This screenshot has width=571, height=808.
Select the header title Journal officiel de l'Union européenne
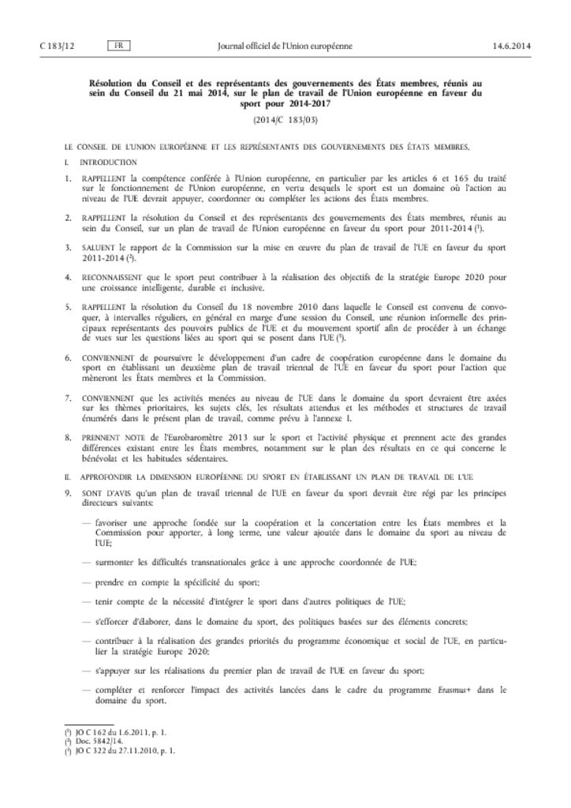click(x=285, y=46)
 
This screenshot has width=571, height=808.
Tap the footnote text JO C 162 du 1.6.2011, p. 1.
click(x=120, y=732)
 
